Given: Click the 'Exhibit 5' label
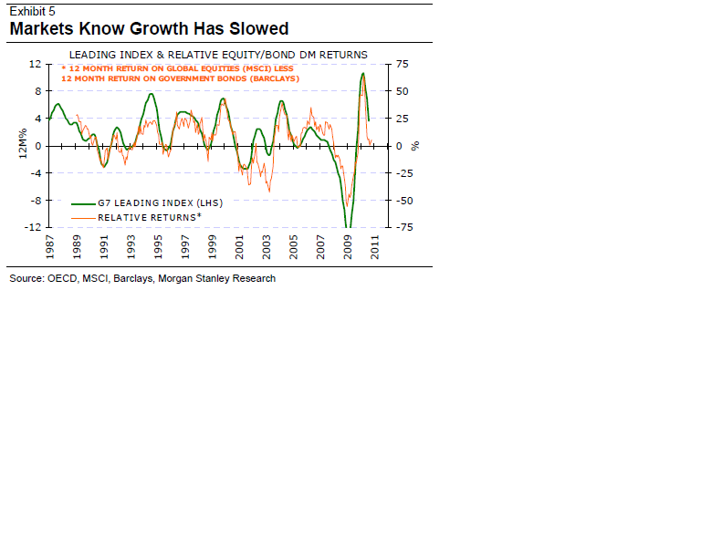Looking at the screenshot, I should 32,12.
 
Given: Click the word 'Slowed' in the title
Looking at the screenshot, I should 251,28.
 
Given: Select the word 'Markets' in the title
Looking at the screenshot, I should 47,28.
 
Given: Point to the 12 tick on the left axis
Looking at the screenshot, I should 35,64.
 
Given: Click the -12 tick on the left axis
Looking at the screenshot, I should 33,228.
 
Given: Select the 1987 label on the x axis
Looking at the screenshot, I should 51,247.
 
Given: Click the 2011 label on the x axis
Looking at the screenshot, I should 376,247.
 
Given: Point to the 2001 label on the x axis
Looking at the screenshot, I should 240,247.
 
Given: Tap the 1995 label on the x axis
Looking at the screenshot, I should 159,247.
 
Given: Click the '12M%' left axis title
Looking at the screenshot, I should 21,146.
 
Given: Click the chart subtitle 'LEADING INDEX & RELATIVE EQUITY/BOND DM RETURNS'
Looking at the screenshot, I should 218,55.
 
